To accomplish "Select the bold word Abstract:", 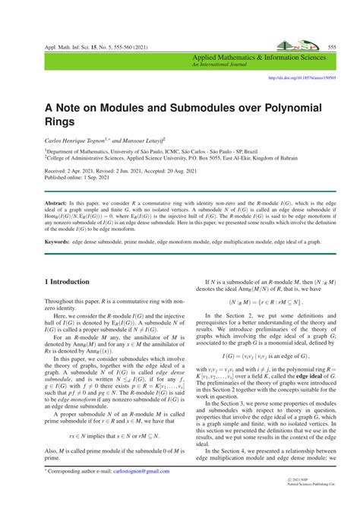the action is (56, 204).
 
